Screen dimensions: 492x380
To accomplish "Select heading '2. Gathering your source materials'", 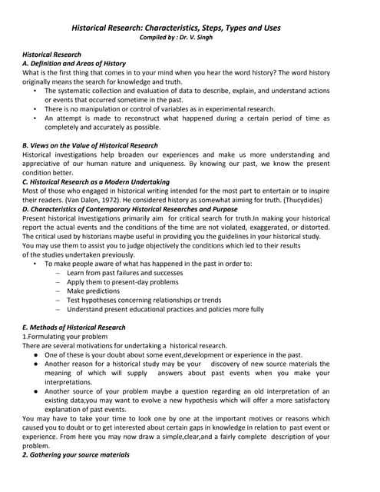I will tap(76, 454).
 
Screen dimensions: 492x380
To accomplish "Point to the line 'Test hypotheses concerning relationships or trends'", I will tap(144, 301).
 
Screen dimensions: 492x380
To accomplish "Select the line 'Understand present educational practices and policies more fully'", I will tap(164, 309).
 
